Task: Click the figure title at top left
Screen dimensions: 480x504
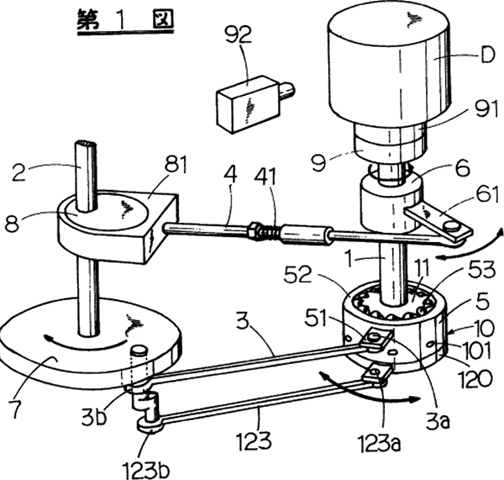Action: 126,20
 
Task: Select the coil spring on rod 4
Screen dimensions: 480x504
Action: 266,227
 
